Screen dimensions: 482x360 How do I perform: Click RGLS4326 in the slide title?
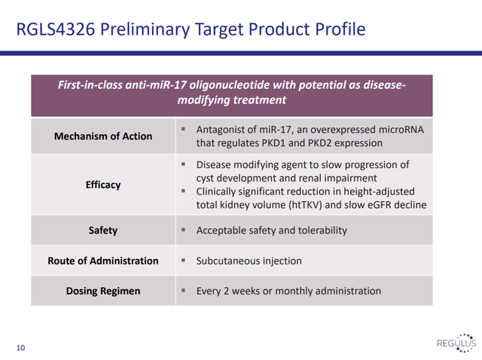[56, 29]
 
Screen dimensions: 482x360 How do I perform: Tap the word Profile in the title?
[340, 29]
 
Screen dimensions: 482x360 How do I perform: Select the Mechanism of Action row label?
[103, 136]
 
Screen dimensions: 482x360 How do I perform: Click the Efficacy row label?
[103, 185]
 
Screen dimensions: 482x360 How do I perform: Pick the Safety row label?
[103, 230]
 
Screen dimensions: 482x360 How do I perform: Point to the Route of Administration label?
[103, 261]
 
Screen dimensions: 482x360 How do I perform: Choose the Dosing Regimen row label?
[103, 291]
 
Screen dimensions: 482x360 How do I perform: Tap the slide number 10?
[20, 348]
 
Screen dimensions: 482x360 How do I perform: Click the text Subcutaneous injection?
[249, 261]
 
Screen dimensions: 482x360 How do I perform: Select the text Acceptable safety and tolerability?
[272, 230]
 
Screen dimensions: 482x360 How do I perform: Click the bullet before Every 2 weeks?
[183, 290]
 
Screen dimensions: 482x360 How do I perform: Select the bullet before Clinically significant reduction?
[183, 191]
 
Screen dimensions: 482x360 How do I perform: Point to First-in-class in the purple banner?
[90, 85]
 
